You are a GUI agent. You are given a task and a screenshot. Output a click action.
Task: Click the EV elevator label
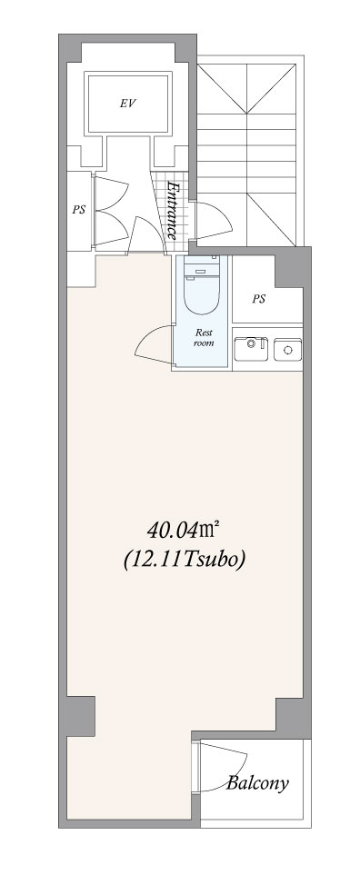(128, 104)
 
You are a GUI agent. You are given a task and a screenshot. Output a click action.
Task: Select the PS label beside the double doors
(79, 211)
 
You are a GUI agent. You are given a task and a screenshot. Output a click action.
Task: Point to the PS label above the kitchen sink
(258, 299)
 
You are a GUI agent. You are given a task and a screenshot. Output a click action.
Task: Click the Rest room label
(203, 338)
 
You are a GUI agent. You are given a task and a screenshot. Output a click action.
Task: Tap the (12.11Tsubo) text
(184, 559)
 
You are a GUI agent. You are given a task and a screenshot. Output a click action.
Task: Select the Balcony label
(257, 783)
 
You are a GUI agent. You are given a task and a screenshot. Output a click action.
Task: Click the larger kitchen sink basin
(251, 349)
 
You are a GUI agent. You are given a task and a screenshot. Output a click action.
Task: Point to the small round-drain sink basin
(287, 349)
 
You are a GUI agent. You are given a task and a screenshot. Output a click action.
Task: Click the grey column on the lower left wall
(77, 716)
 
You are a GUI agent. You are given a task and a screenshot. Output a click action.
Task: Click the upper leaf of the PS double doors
(111, 194)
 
